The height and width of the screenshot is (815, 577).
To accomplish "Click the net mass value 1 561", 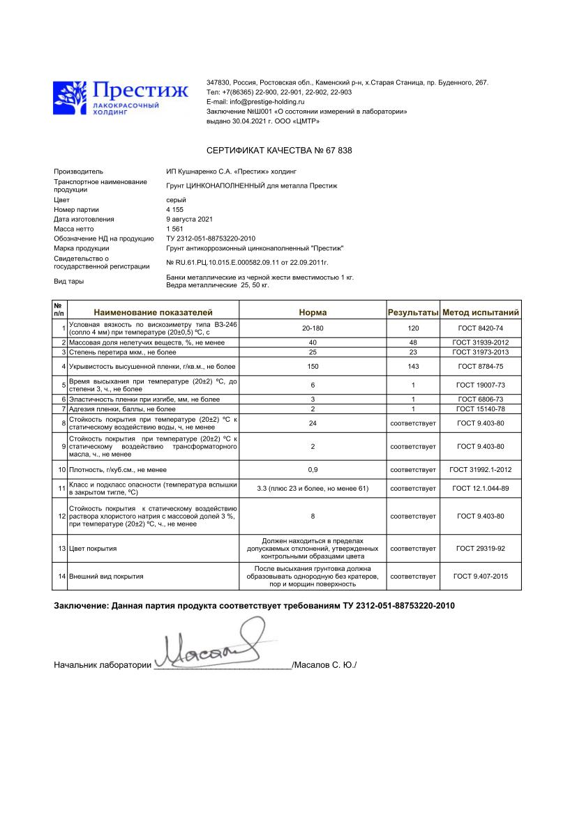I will click(175, 229).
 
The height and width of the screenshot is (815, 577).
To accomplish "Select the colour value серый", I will click(176, 200).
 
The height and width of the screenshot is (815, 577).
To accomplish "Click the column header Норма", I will click(313, 312).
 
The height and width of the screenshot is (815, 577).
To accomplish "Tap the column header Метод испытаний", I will click(481, 312).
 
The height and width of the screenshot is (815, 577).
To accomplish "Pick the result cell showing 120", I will click(413, 328).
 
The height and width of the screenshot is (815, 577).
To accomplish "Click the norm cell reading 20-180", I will click(312, 328).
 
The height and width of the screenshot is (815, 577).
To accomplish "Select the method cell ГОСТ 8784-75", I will click(481, 366).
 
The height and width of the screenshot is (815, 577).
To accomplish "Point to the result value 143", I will click(413, 366).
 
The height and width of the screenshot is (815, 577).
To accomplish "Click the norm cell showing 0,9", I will click(312, 469).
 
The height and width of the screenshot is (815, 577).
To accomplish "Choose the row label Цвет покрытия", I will click(93, 549).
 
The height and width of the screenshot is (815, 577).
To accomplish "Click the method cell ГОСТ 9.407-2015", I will click(481, 577).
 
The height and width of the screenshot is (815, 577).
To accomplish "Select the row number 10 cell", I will click(61, 469).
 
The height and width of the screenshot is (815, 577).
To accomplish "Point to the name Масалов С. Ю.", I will click(325, 665).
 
